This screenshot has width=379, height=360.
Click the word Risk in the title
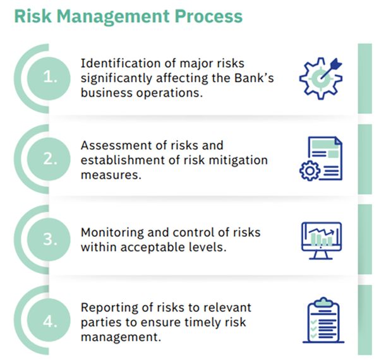point(33,16)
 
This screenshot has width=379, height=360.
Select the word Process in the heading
point(208,16)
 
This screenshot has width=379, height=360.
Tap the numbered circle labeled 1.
point(49,78)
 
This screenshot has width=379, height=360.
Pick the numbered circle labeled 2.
point(49,159)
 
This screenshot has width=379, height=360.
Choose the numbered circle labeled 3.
point(49,239)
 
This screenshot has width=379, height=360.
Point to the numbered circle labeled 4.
point(49,320)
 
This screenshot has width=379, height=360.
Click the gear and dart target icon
point(321,78)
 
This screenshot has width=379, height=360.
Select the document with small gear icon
point(321,159)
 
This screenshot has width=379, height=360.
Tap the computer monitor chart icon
point(322,241)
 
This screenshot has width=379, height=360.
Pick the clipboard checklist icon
point(323,320)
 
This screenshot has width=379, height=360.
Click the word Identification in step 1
point(121,63)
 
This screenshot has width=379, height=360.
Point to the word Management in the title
point(113,17)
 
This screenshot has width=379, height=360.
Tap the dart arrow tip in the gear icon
point(322,78)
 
